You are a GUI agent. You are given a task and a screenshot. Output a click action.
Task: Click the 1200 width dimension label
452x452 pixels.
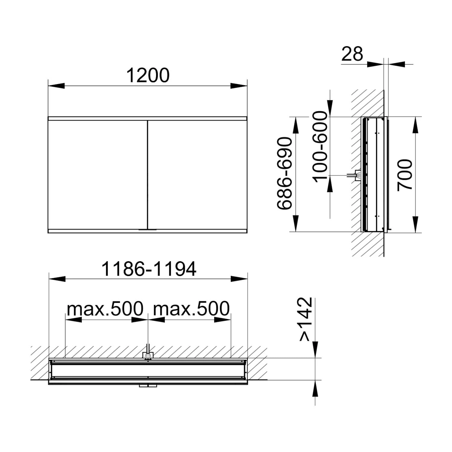pos(148,75)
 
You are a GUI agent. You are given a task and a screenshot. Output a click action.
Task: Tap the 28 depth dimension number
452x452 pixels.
pos(352,54)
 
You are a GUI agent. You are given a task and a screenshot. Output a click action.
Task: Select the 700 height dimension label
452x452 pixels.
pos(405,175)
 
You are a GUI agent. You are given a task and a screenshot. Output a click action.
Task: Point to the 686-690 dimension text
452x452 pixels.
pos(285,173)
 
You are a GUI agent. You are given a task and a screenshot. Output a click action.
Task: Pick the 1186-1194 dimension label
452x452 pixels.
pos(149,269)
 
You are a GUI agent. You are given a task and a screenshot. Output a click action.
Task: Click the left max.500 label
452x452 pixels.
pos(105,309)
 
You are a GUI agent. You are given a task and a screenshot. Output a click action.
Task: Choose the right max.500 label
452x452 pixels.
pos(192,309)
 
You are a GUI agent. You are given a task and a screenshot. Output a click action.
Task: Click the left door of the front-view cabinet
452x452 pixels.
pos(98,175)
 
